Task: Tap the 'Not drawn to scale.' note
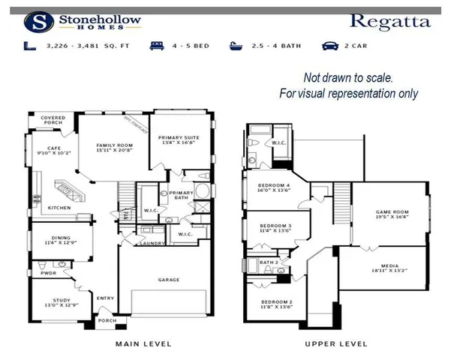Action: [349, 77]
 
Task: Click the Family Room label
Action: [114, 148]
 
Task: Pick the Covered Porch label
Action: [53, 120]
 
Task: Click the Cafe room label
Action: [53, 151]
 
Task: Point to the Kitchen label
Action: [60, 208]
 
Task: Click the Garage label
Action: [168, 280]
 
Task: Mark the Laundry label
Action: [152, 244]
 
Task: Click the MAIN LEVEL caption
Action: [143, 343]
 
